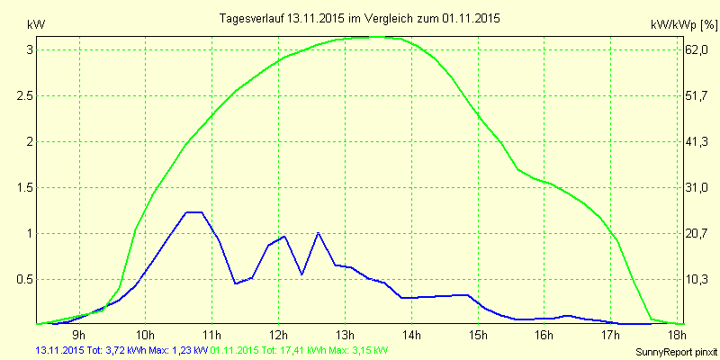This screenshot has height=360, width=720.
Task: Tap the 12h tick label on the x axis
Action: click(x=278, y=334)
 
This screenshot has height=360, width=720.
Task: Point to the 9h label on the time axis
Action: click(x=79, y=334)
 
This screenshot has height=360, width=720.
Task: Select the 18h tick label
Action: click(x=678, y=334)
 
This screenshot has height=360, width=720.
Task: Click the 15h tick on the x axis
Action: click(x=478, y=334)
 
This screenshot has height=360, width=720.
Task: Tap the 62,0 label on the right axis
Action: click(x=696, y=50)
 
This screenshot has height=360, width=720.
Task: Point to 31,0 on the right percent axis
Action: click(x=696, y=188)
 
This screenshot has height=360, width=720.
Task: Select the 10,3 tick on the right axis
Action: click(x=696, y=280)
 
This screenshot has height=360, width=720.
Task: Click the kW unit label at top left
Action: click(x=36, y=25)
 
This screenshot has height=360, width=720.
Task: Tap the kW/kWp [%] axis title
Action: click(x=684, y=25)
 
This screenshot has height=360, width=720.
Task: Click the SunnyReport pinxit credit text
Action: click(x=676, y=352)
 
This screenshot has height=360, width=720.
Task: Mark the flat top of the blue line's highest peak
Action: click(x=193, y=212)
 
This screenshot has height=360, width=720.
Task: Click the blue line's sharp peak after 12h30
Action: click(x=318, y=233)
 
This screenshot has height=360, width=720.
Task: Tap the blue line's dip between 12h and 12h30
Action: click(x=301, y=274)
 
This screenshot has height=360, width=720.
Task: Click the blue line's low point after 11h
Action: click(x=235, y=283)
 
